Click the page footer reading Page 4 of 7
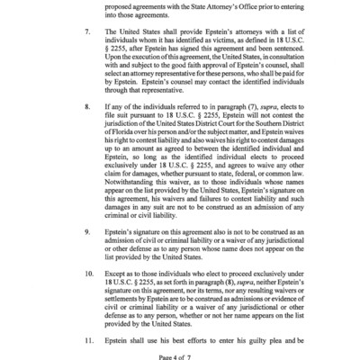tap(180, 356)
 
